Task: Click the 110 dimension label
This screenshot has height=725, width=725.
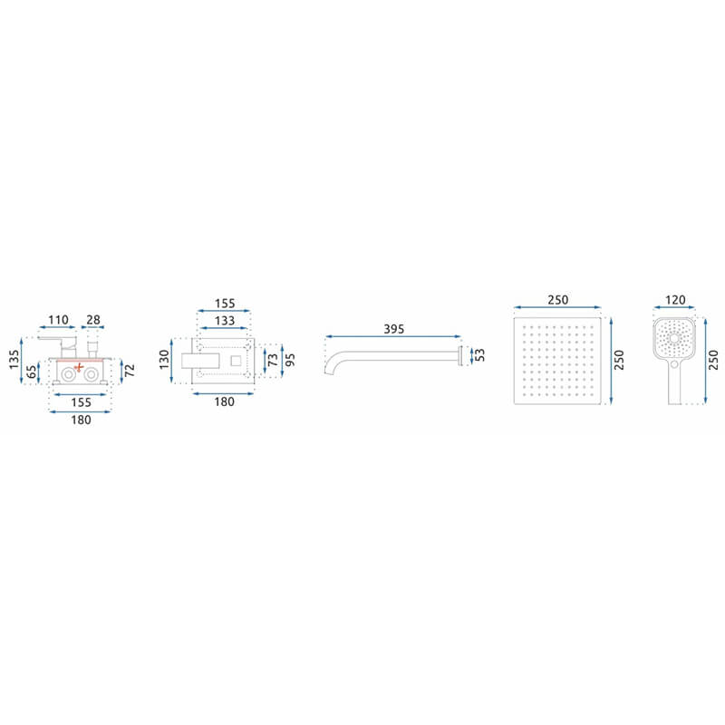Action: [x=58, y=320]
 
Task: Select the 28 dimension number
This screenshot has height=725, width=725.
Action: [x=93, y=320]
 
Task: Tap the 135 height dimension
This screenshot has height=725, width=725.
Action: [x=14, y=359]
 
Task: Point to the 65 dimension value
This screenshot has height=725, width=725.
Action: [x=32, y=372]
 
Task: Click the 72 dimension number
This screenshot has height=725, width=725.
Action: [x=130, y=370]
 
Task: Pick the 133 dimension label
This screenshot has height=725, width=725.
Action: [x=224, y=321]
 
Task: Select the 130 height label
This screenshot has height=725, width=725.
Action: [x=164, y=359]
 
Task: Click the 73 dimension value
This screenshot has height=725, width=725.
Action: [x=273, y=360]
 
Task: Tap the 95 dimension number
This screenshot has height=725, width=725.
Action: [x=290, y=360]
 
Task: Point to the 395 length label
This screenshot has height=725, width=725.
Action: [x=394, y=329]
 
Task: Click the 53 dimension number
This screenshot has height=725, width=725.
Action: [x=480, y=355]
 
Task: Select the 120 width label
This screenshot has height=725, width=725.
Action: [x=675, y=300]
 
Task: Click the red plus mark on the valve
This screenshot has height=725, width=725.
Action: [x=79, y=367]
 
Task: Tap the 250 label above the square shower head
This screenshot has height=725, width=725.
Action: [x=557, y=300]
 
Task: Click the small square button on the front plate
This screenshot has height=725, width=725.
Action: [x=236, y=361]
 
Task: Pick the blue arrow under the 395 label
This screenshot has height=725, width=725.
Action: [x=393, y=336]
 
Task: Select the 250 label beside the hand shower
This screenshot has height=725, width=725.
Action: [x=713, y=360]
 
